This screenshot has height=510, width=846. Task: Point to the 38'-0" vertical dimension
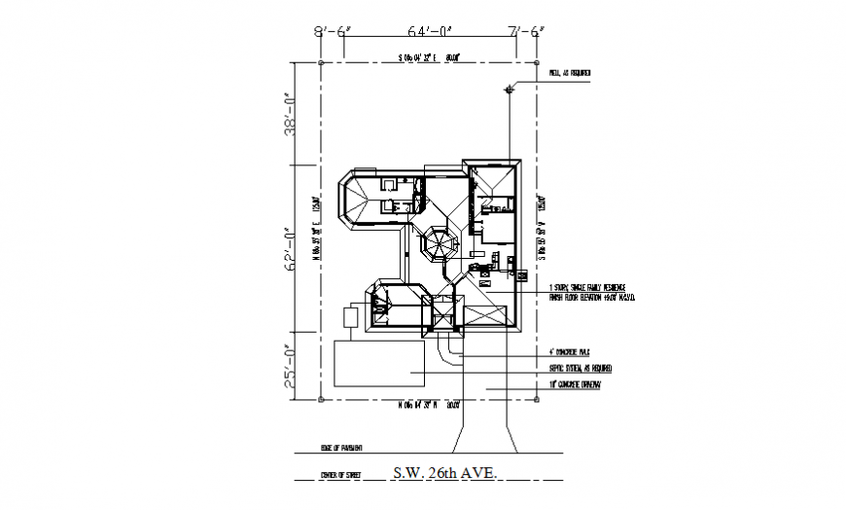click(288, 115)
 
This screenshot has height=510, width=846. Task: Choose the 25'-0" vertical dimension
click(288, 366)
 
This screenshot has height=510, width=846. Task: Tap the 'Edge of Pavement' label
click(341, 449)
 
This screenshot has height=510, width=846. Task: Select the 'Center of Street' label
click(340, 475)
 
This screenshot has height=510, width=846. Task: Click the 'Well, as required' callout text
click(570, 73)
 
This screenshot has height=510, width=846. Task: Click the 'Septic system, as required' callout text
click(581, 368)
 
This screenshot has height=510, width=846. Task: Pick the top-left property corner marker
click(321, 63)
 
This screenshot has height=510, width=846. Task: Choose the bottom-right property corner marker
click(538, 397)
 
